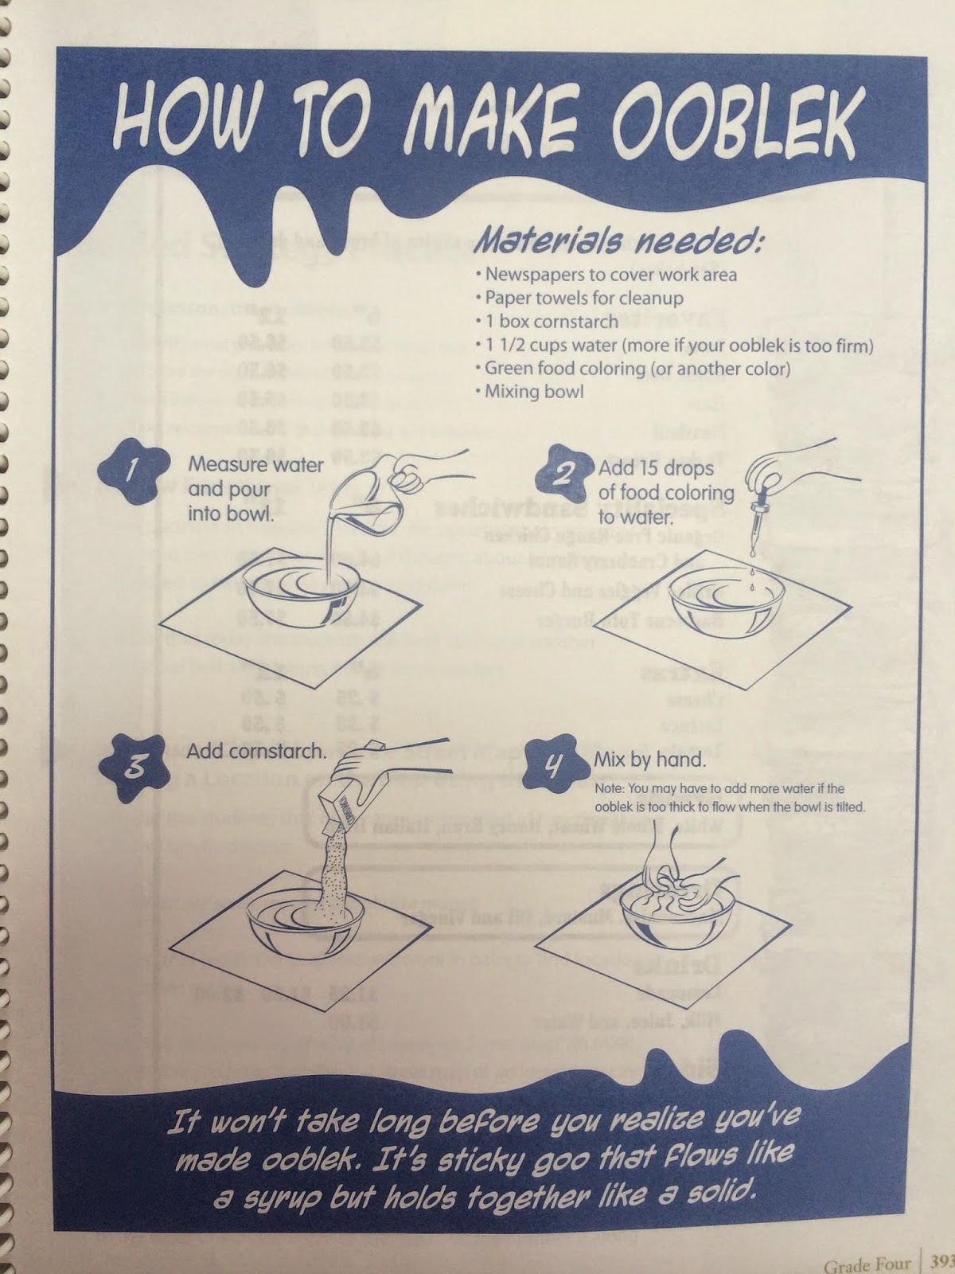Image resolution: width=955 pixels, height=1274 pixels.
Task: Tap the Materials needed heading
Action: point(618,240)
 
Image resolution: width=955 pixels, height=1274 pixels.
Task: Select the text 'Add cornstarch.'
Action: point(256,751)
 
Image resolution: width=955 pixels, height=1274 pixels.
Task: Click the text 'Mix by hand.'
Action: point(649,759)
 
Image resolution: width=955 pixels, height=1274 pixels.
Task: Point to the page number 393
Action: point(941,1265)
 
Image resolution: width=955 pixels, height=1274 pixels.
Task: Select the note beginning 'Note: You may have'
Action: point(729,797)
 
